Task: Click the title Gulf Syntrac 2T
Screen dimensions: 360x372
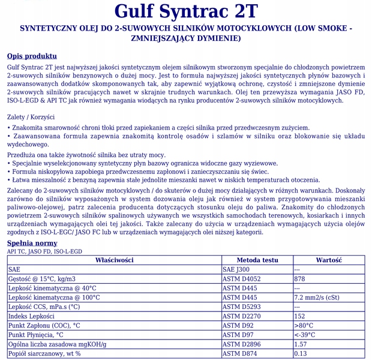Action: pos(186,12)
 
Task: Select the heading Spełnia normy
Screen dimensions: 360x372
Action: pos(32,243)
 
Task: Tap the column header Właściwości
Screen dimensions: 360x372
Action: pos(114,260)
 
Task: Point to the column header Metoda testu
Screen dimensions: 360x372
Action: pos(257,260)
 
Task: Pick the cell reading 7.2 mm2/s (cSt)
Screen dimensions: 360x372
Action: pos(317,298)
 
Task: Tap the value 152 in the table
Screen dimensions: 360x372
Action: pos(300,316)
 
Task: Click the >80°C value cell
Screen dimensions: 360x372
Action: pos(304,325)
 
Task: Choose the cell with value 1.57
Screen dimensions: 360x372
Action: pos(301,344)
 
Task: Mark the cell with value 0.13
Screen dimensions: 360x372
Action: pos(301,353)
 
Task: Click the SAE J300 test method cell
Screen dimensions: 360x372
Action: pos(236,270)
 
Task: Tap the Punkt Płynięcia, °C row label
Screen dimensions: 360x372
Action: pos(35,335)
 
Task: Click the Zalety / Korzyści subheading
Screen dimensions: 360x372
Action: pos(32,117)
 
